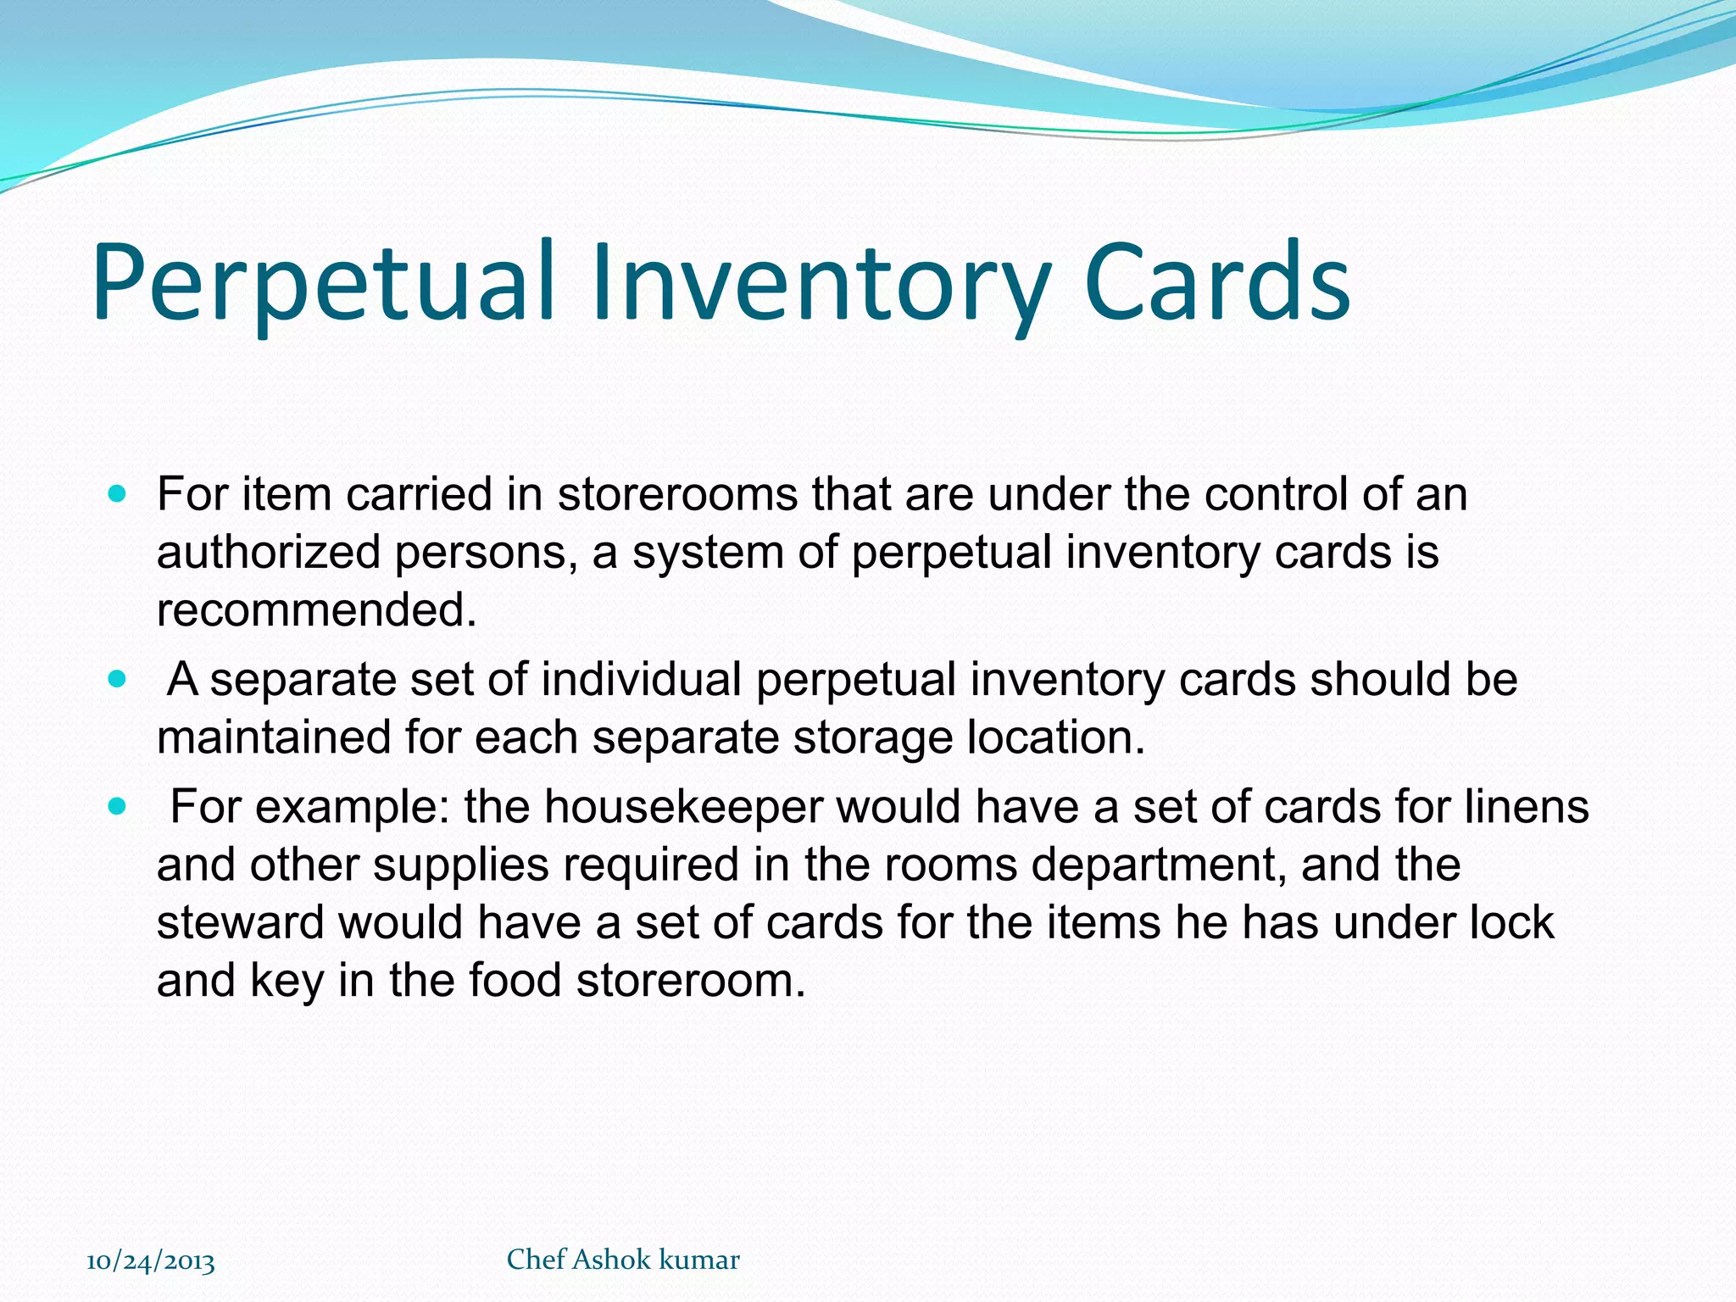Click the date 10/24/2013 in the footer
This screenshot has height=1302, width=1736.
[151, 1260]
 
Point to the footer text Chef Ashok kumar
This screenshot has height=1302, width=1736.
[623, 1260]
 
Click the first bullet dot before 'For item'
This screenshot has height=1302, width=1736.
[118, 493]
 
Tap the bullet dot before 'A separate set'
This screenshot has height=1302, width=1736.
[118, 679]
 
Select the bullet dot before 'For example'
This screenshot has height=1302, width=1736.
[118, 805]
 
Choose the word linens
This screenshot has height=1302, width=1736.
[1527, 806]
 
